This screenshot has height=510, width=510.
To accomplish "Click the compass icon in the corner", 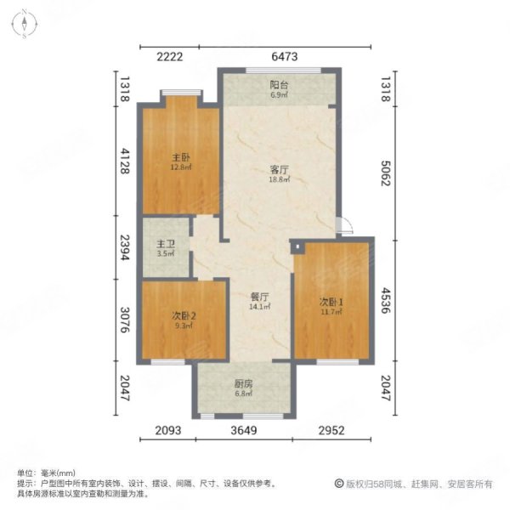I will point(25,24).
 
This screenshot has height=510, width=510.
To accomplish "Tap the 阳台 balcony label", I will point(279,85).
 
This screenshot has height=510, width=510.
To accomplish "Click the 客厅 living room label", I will point(279,170).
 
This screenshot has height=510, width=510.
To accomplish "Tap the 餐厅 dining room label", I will point(259,298).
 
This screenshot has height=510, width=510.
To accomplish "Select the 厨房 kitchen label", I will point(244,383).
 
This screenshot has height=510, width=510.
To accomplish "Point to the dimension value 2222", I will point(169,57).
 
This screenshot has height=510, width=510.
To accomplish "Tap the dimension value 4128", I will point(122,158).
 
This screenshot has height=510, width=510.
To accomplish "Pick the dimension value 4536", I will point(387,303).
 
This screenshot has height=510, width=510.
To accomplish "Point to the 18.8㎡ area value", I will point(279,180).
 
